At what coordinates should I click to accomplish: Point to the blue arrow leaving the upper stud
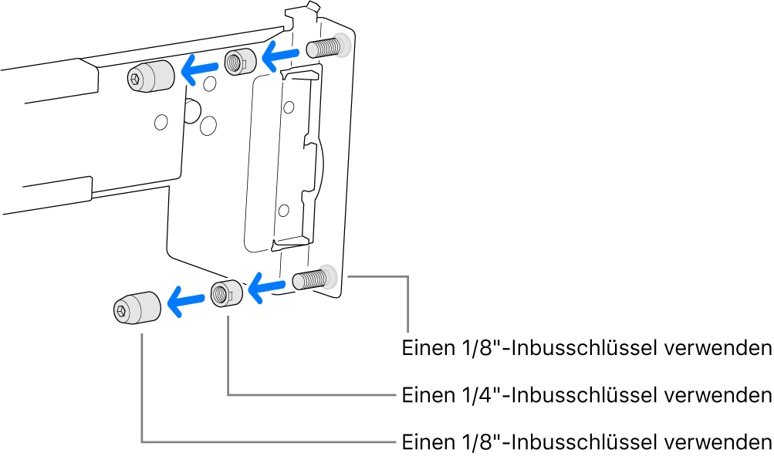point(279,55)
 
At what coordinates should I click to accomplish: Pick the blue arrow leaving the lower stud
point(267,288)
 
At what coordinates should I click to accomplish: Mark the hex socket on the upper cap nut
point(137,78)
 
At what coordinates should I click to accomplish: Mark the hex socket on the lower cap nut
point(123,311)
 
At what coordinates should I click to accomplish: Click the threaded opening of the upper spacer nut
point(234,61)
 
